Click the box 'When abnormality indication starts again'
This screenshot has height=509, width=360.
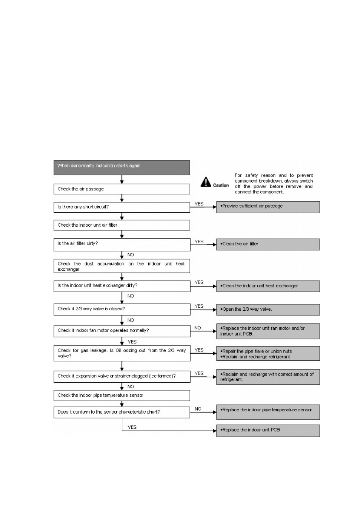[x=122, y=168]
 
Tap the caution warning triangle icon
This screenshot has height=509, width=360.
[x=206, y=182]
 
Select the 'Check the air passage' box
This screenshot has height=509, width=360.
[x=122, y=189]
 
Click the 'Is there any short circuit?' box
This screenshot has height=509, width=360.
[x=122, y=207]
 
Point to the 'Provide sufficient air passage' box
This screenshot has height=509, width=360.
[x=268, y=207]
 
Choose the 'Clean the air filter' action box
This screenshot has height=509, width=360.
[x=268, y=244]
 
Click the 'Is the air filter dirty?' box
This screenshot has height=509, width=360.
[x=122, y=244]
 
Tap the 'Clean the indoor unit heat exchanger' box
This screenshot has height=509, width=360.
[x=268, y=286]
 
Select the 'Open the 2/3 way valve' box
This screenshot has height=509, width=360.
[x=268, y=310]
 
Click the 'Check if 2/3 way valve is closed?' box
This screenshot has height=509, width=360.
[x=122, y=309]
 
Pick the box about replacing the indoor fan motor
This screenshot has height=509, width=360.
[x=268, y=331]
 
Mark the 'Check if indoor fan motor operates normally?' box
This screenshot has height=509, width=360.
[x=122, y=331]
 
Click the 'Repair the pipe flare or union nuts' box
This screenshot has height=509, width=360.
[x=268, y=354]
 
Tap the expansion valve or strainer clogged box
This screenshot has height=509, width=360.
[x=122, y=376]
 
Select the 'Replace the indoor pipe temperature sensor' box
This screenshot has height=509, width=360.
[x=268, y=412]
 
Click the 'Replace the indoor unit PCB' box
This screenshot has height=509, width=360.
[x=268, y=431]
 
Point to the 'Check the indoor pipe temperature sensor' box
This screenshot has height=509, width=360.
[x=122, y=396]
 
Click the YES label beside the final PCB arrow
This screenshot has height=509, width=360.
[x=132, y=427]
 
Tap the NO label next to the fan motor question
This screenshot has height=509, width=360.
[x=198, y=328]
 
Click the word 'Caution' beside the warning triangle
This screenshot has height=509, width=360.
[x=221, y=185]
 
